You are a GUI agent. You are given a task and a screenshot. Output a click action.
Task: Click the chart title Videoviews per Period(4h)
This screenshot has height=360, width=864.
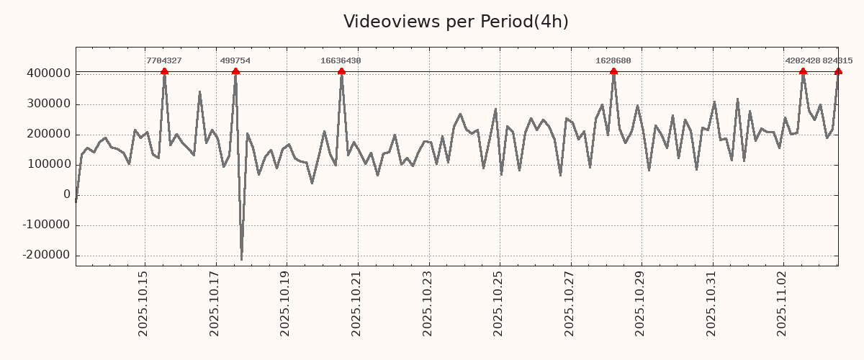click(x=456, y=22)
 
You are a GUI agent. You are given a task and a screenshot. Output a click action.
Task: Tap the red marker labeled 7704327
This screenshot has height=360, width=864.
click(x=164, y=71)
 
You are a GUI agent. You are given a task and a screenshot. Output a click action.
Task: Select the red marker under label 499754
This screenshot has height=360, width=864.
click(x=235, y=71)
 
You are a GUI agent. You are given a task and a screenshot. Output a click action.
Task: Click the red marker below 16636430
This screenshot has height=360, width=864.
click(x=341, y=71)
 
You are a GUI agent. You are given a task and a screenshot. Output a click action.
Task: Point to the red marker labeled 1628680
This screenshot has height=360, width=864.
click(x=613, y=71)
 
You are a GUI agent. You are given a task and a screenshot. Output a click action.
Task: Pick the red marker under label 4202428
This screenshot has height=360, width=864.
click(x=803, y=71)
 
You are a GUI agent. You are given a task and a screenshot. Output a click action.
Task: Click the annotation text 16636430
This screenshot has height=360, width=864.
click(x=341, y=61)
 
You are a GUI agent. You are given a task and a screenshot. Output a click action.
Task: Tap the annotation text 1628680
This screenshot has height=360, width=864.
click(x=613, y=61)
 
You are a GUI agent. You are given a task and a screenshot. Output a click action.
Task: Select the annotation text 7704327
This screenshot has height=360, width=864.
click(x=164, y=61)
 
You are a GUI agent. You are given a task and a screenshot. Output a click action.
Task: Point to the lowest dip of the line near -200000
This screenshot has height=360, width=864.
click(x=241, y=259)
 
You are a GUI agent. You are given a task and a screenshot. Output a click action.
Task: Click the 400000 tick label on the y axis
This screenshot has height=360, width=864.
click(x=48, y=73)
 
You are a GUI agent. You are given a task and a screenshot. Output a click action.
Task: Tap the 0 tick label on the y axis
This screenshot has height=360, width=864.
click(x=67, y=194)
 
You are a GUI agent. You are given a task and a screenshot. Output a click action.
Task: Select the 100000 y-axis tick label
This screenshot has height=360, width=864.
click(x=48, y=164)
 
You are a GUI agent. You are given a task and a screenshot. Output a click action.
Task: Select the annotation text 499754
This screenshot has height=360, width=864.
click(x=235, y=61)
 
